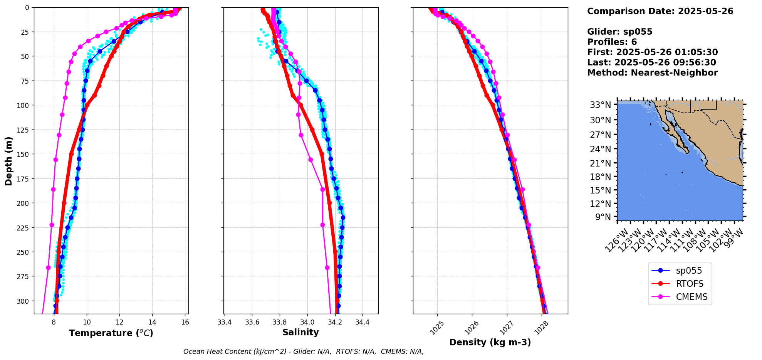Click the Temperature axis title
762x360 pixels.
(111, 333)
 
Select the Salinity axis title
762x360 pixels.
(300, 332)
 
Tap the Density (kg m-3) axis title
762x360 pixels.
(490, 342)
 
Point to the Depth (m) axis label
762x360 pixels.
(8, 161)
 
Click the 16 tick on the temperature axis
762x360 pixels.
(185, 322)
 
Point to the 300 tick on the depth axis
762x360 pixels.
(23, 301)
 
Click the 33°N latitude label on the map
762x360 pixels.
(600, 105)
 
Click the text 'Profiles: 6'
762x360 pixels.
(612, 42)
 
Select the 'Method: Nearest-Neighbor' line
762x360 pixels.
(652, 73)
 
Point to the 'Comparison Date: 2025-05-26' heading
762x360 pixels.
(660, 11)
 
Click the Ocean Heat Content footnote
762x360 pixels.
(304, 352)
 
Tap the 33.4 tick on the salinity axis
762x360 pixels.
(224, 322)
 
